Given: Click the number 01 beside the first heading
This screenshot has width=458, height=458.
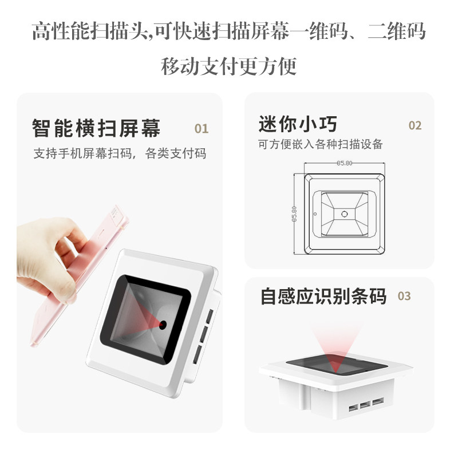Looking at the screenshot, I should (202, 128).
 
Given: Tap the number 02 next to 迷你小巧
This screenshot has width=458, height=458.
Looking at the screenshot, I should (414, 125).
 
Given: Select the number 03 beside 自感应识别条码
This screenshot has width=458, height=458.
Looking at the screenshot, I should (404, 296).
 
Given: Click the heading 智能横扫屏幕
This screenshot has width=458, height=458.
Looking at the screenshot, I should (96, 127).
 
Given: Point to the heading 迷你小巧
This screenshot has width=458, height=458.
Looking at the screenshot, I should (297, 124).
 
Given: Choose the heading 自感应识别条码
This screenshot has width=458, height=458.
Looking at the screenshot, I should (323, 297).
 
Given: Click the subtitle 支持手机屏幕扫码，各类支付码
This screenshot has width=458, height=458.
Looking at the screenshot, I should (120, 153).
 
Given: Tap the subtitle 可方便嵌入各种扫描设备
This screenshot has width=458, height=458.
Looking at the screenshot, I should (319, 144).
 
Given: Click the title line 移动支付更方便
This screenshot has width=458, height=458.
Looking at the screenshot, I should (229, 66).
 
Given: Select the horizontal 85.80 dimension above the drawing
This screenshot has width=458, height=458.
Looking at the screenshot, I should (344, 163).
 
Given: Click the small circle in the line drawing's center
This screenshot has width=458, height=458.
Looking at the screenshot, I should (345, 214).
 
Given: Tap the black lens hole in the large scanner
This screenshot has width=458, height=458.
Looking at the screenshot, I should (163, 325).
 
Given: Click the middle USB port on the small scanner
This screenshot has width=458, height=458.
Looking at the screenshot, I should (364, 407).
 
